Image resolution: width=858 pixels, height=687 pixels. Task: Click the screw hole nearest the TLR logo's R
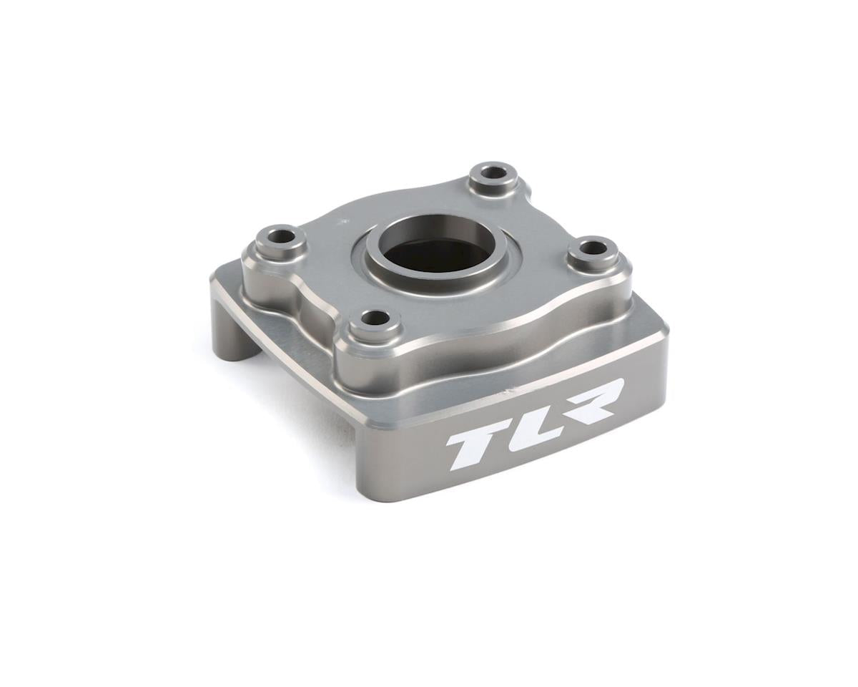point(593,248)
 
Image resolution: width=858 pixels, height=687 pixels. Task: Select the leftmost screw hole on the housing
point(281,235)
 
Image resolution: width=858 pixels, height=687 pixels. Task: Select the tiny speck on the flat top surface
point(346,222)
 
